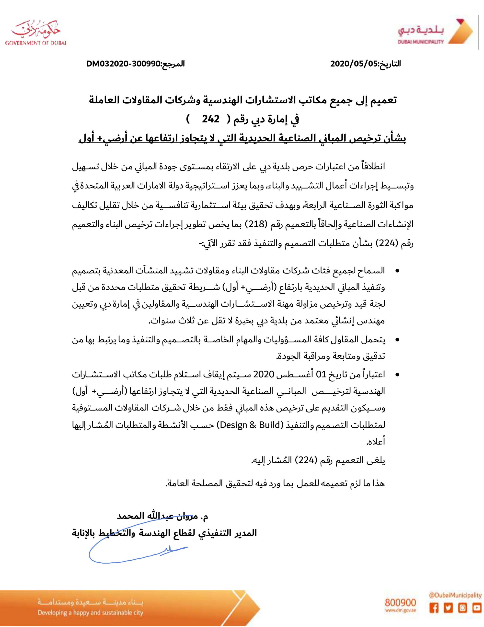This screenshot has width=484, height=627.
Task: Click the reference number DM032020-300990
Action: [x=123, y=64]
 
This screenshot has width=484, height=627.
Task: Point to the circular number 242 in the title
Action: [x=211, y=119]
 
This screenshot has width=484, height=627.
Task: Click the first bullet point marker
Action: [x=397, y=271]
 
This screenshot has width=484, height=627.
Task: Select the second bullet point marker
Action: [x=397, y=340]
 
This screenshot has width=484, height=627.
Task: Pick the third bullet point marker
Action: [x=397, y=375]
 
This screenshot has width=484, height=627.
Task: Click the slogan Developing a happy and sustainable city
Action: [x=90, y=612]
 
